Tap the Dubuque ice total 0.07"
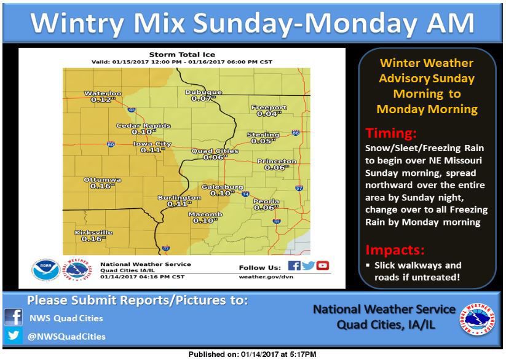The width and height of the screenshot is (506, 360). click(x=203, y=98)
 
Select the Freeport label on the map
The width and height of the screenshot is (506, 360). click(x=269, y=108)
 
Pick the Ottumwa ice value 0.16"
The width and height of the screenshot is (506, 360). click(x=103, y=186)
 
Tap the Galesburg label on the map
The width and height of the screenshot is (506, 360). click(x=223, y=187)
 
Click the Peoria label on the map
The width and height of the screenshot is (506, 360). click(x=267, y=201)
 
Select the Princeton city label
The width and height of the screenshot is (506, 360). click(x=277, y=161)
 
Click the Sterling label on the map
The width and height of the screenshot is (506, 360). click(x=263, y=135)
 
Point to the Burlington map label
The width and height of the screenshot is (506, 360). click(x=179, y=197)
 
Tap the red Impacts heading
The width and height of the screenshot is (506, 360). click(x=396, y=250)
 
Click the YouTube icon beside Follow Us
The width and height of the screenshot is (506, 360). click(x=323, y=266)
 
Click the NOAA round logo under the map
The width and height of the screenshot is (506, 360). click(x=46, y=269)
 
